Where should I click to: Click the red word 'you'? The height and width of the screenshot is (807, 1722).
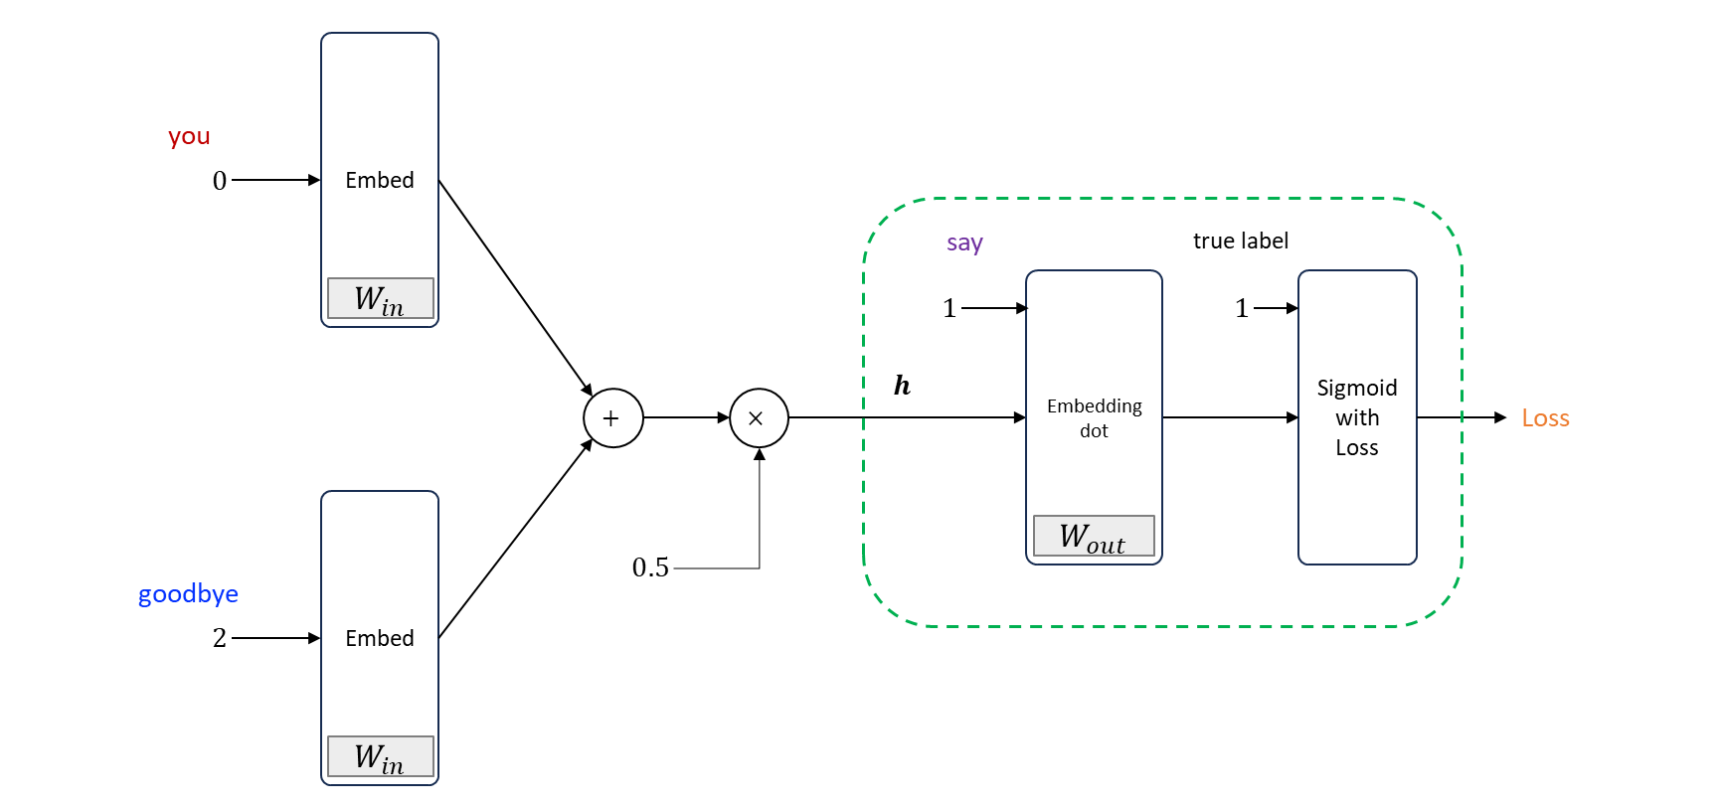tap(189, 137)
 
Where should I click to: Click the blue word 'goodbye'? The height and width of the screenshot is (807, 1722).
tap(188, 594)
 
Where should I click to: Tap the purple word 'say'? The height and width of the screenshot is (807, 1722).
tap(964, 242)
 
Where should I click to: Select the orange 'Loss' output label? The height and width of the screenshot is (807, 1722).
tap(1545, 418)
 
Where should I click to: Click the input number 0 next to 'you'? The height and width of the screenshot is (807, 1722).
tap(220, 181)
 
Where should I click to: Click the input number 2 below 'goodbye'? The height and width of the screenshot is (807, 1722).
tap(220, 638)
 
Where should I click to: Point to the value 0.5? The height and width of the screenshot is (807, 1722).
tap(650, 567)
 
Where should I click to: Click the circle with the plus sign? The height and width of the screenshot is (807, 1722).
tap(612, 418)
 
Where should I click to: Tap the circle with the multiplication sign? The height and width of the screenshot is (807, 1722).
tap(759, 418)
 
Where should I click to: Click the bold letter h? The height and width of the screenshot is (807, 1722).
tap(902, 386)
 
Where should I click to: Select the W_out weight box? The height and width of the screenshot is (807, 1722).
tap(1094, 537)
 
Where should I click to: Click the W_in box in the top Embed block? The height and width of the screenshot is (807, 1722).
tap(380, 298)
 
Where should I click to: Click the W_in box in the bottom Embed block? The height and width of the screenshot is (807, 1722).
tap(380, 756)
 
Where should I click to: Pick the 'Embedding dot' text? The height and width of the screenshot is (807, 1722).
tap(1094, 418)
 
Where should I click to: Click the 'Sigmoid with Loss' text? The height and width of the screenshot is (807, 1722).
tap(1357, 417)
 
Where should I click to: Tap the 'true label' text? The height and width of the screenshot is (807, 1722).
tap(1240, 241)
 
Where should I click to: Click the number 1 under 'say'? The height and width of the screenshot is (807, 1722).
tap(949, 308)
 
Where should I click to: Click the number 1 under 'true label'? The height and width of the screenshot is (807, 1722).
tap(1242, 308)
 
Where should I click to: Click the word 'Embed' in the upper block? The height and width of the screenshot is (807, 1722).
tap(380, 180)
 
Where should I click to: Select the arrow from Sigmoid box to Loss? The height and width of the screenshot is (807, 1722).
tap(1462, 418)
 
